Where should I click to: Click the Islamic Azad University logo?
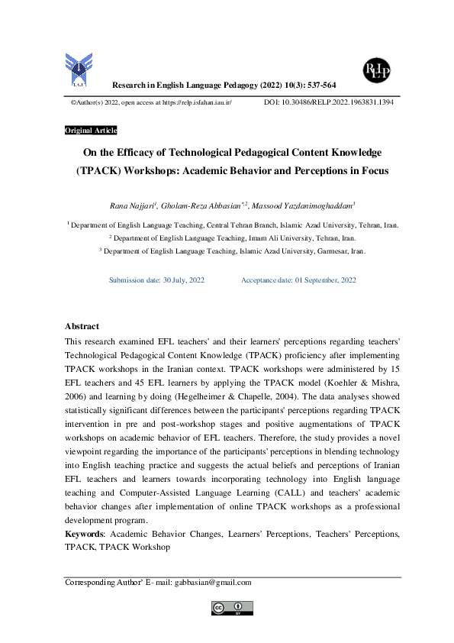coord(80,68)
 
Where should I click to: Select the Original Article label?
coord(91,131)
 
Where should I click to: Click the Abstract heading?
coord(82,326)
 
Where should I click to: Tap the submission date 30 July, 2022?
coord(179,280)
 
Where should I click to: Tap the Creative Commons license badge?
coord(232,608)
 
